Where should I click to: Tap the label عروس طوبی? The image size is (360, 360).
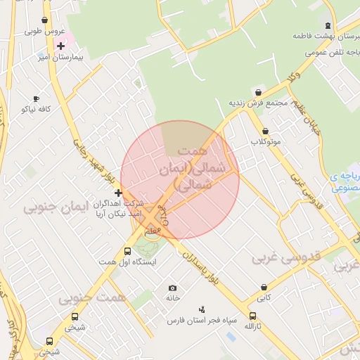(44, 31)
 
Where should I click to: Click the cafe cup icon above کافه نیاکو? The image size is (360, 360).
(36, 99)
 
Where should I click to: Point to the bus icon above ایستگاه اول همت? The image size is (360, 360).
(127, 251)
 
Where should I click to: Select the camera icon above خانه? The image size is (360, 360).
(173, 288)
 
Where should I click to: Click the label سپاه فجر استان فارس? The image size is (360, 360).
(195, 321)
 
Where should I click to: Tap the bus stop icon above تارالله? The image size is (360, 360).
(253, 316)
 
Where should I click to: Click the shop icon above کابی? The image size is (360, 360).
(264, 288)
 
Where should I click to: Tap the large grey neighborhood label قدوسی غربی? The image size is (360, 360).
(286, 258)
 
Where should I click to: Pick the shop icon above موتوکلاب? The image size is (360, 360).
(265, 131)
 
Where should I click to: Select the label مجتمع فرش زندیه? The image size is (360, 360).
(258, 103)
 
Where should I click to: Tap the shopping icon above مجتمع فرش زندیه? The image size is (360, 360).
(258, 92)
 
